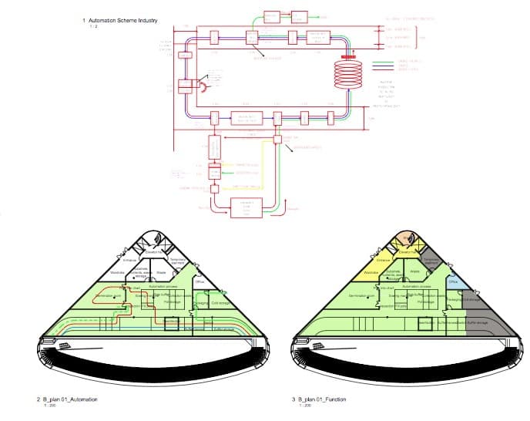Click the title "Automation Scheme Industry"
point(120,20)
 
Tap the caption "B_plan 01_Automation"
point(69,399)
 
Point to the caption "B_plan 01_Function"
point(323,399)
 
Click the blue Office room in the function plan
point(453,282)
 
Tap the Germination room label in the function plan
point(361,295)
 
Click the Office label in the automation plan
point(200,282)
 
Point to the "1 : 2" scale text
point(93,26)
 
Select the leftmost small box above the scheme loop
point(272,16)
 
